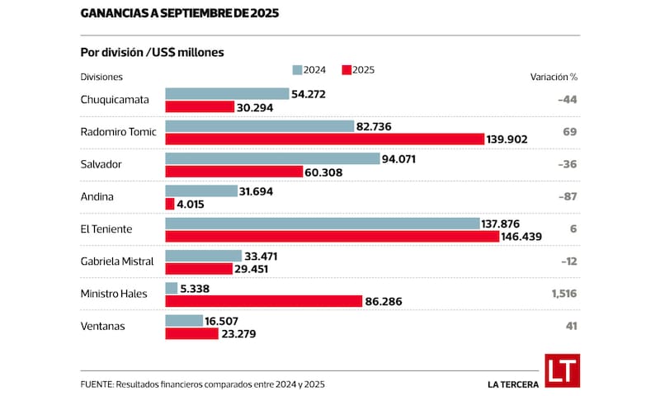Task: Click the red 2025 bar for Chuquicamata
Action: pos(200,106)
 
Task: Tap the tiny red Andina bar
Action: pos(170,204)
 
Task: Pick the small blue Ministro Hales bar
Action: pos(172,288)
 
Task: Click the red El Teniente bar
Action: pos(332,236)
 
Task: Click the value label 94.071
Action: pos(405,158)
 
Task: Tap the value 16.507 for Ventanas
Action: pos(228,320)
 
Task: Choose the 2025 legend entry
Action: pos(358,70)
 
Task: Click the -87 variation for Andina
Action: pos(567,196)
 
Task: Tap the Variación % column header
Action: pos(553,76)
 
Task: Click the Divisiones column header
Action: pos(101,76)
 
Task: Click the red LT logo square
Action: pos(562,370)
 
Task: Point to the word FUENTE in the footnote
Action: pos(97,384)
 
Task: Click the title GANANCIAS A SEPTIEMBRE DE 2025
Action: pos(179,14)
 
